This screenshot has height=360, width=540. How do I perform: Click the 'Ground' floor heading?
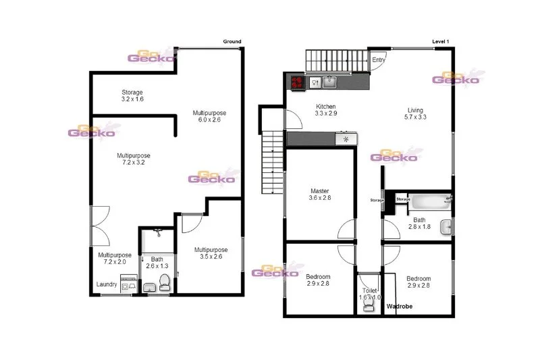(232, 42)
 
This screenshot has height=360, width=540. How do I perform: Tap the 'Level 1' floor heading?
(440, 42)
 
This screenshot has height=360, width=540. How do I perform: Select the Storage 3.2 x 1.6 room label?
(132, 95)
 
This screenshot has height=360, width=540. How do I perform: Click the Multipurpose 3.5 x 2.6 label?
(211, 253)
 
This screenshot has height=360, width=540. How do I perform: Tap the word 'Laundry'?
(107, 284)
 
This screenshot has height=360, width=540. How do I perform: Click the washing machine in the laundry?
(128, 284)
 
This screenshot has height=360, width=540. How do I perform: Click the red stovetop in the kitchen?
(296, 83)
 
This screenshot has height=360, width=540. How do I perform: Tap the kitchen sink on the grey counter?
(329, 82)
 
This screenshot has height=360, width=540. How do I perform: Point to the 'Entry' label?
(380, 60)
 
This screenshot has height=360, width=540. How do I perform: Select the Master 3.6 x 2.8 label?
(319, 195)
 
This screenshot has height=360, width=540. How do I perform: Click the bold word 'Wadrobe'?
(399, 306)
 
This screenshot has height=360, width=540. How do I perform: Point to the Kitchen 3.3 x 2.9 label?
(327, 110)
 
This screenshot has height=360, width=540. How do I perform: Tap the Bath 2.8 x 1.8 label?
(419, 224)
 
